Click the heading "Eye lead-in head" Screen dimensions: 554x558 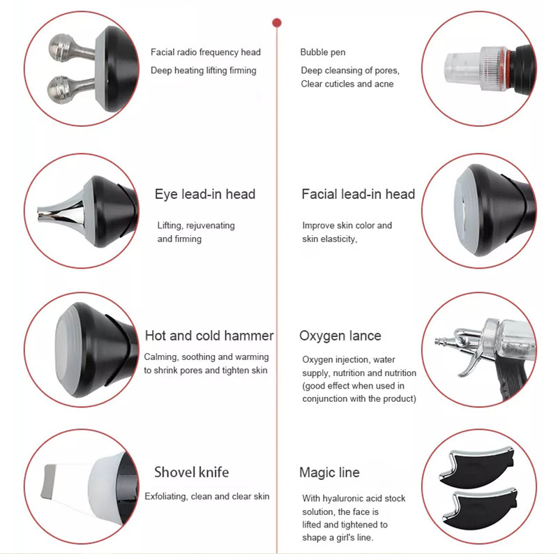[x=204, y=194]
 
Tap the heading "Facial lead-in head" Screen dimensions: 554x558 [x=358, y=194]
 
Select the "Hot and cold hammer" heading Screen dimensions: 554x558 [x=209, y=336]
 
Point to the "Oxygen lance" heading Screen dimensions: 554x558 [x=340, y=336]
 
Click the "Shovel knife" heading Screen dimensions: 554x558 [x=191, y=472]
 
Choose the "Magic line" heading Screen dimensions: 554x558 [x=329, y=472]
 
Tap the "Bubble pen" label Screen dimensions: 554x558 [x=322, y=52]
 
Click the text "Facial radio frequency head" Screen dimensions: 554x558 [x=205, y=52]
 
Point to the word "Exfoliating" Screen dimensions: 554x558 [x=165, y=496]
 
